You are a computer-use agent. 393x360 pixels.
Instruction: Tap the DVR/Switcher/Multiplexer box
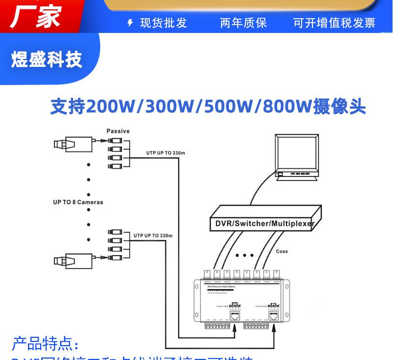pos(265,219)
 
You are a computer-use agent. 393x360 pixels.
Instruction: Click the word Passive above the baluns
pos(118,131)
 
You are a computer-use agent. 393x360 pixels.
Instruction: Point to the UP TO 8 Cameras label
pos(78,202)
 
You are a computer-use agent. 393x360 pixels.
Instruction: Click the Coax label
pos(281,251)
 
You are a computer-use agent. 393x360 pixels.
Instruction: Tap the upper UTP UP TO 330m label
pos(166,153)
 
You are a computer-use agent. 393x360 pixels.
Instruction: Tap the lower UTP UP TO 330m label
pos(153,236)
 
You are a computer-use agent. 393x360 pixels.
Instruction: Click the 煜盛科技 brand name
pos(47,60)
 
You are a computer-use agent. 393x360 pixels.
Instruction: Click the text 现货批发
pos(164,23)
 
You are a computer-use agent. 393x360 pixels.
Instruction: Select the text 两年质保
pos(243,23)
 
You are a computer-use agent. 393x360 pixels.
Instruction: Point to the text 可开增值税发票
pos(334,23)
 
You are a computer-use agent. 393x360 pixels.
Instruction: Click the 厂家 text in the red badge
pos(35,16)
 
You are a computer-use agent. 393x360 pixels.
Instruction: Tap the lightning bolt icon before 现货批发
pos(130,23)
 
